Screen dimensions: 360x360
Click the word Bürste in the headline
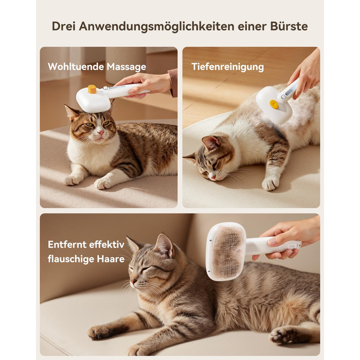289,26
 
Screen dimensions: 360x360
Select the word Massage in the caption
127,67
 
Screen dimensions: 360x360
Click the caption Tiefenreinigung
228,67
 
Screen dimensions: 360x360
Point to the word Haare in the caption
111,259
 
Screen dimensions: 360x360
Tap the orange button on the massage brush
92,89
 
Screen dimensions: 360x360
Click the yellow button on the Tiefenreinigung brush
274,104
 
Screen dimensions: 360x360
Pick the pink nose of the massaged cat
101,133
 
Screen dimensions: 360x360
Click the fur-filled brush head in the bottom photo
226,251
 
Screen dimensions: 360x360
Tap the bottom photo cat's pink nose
133,281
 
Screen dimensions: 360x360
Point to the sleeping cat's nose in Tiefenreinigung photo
213,176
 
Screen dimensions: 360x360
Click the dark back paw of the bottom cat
284,335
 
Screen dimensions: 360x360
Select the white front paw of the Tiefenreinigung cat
271,184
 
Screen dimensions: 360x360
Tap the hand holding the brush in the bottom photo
289,238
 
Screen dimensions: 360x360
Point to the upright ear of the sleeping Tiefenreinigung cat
211,143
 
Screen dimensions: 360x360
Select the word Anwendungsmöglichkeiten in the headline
156,27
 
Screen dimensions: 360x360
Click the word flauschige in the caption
71,259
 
